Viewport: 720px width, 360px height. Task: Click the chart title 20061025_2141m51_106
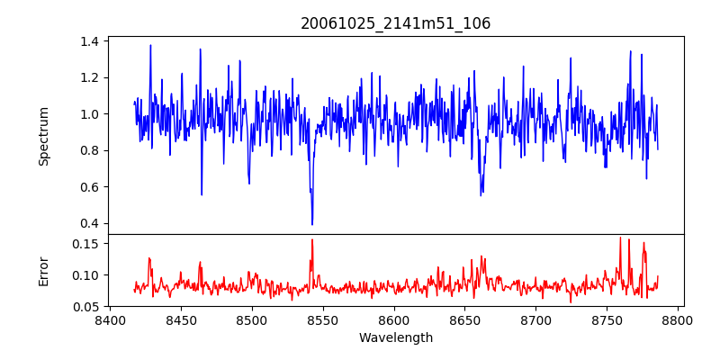[x=395, y=23]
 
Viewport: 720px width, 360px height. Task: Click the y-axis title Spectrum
[x=44, y=136]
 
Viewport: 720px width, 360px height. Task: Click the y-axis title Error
[x=44, y=270]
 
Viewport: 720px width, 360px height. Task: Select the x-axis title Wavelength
[x=395, y=338]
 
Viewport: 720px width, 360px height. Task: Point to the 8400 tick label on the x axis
[x=110, y=319]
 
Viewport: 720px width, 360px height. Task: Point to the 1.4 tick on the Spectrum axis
[x=90, y=41]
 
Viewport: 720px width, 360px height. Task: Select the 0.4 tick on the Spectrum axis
[x=90, y=223]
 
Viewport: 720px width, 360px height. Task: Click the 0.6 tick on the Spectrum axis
[x=90, y=187]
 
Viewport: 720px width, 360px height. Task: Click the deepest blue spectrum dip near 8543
[x=312, y=224]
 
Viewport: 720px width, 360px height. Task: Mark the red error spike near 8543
[x=312, y=239]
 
